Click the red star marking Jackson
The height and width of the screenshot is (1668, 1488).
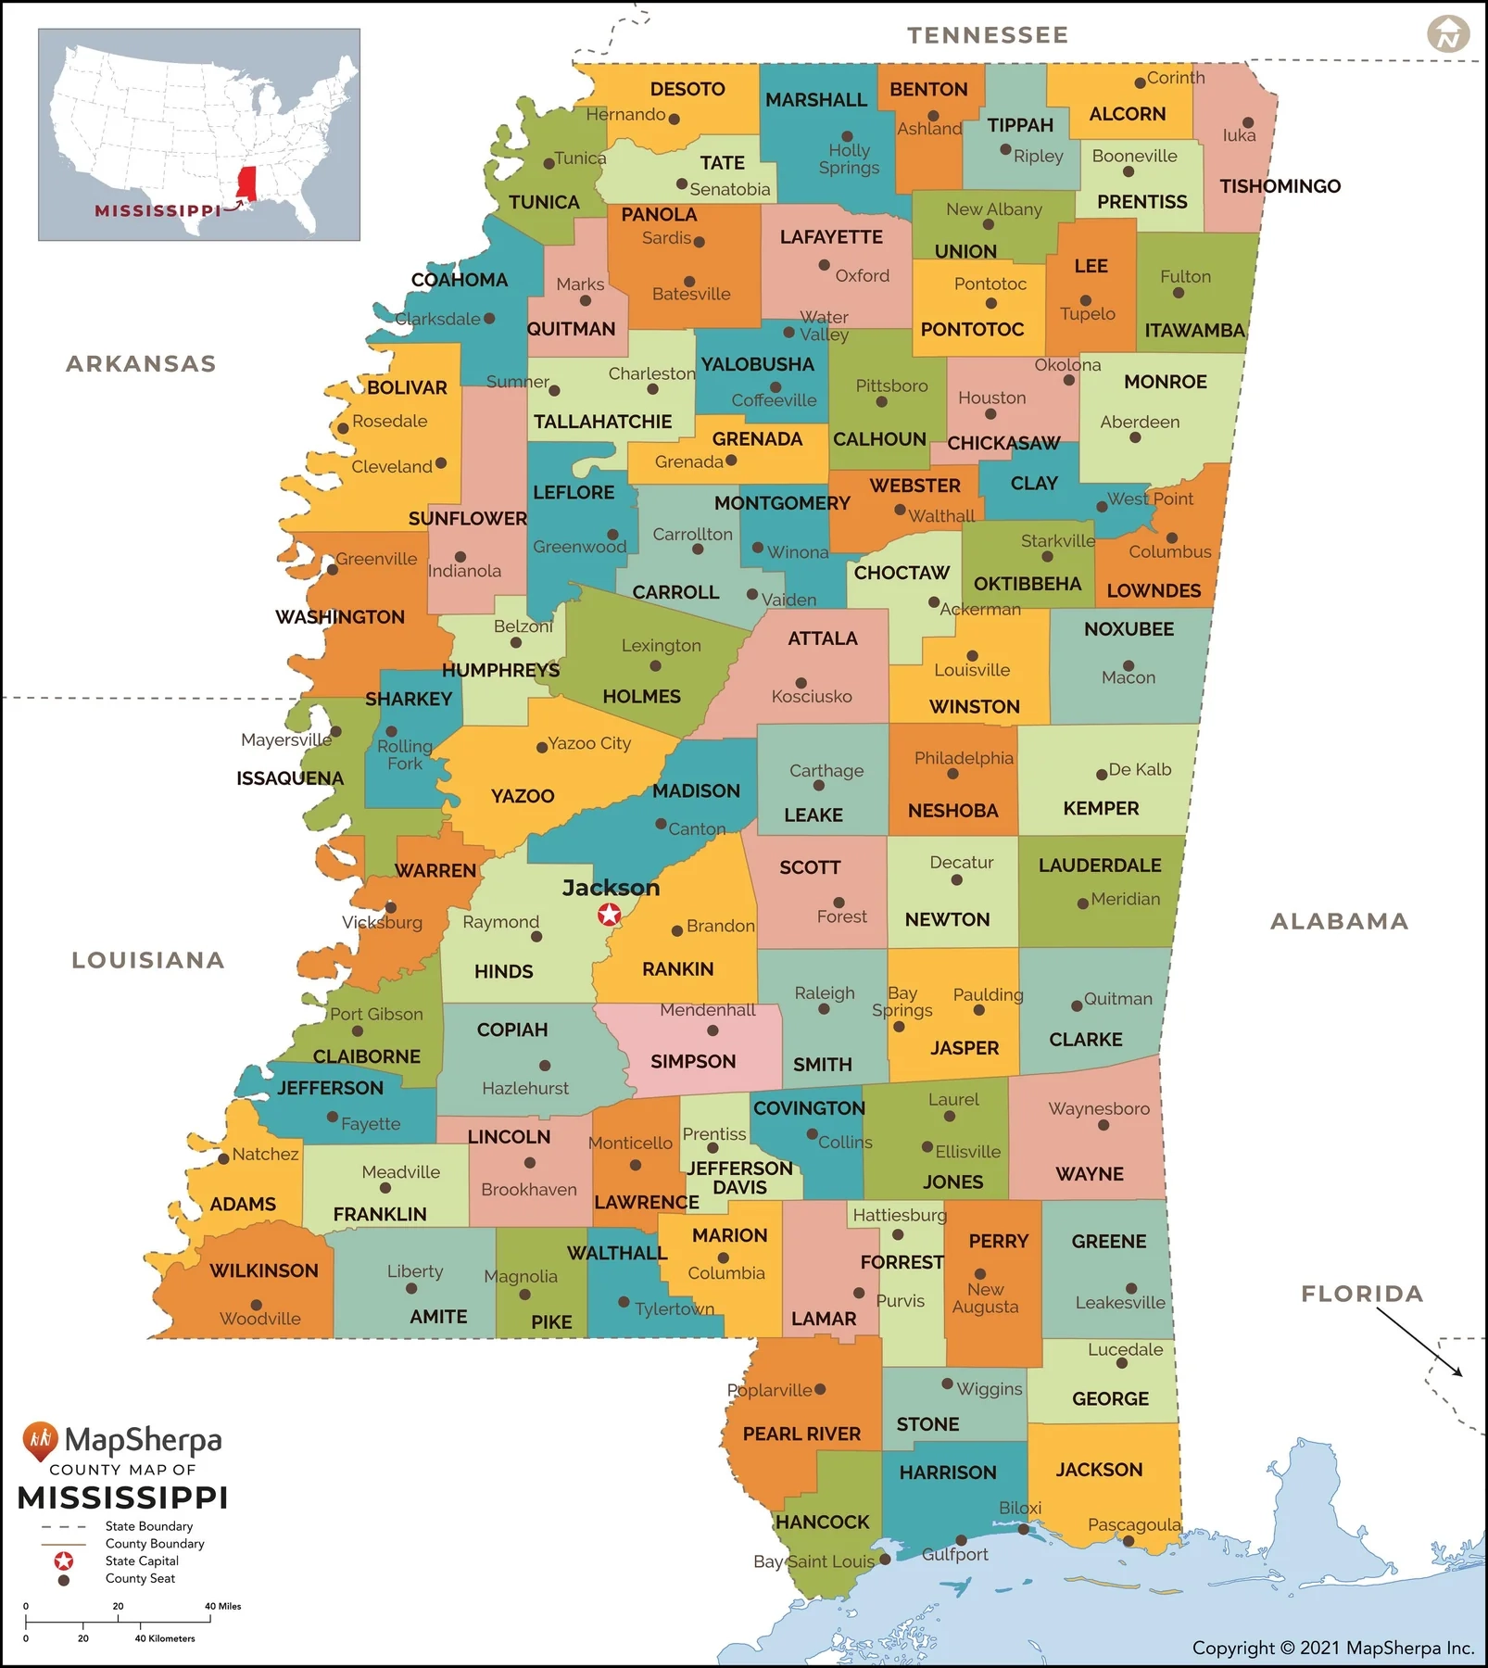[x=609, y=915]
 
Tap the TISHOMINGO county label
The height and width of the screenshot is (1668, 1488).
[x=1280, y=186]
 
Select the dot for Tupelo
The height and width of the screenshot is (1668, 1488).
[x=1085, y=300]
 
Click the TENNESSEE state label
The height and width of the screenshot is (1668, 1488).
[x=988, y=35]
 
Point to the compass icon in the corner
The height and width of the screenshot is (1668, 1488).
[x=1447, y=34]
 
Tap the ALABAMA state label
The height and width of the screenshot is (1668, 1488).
[x=1339, y=921]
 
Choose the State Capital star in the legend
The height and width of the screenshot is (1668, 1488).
[x=64, y=1561]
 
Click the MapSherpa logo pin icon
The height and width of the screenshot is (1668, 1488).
[x=40, y=1440]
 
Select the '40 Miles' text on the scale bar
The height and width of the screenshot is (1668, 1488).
[x=222, y=1606]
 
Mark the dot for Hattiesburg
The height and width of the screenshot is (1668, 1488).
[x=897, y=1234]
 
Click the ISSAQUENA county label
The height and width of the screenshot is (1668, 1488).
[x=290, y=778]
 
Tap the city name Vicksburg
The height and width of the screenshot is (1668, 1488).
[x=382, y=923]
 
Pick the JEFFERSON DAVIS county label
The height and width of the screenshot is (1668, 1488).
[x=739, y=1178]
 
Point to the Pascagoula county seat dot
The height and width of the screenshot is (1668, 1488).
[x=1129, y=1541]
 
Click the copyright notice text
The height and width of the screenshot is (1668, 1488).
[x=1332, y=1648]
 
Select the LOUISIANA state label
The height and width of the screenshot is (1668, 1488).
[x=148, y=960]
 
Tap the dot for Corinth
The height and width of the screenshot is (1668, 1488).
[x=1140, y=83]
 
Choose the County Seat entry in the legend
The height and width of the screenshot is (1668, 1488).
[x=140, y=1579]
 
